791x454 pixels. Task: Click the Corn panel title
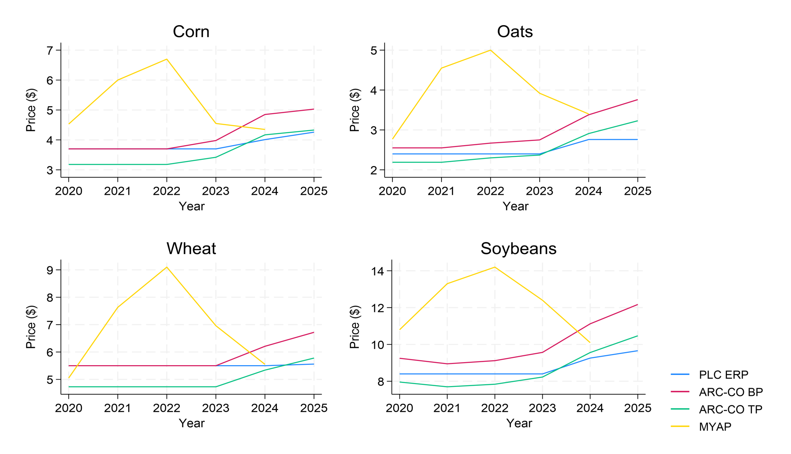pos(191,32)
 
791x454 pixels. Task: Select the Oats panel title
pos(514,32)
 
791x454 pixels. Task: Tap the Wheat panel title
pos(191,249)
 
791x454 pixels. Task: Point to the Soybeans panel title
pos(518,249)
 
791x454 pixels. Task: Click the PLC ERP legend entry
pos(723,374)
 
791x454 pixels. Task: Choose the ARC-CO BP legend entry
pos(730,392)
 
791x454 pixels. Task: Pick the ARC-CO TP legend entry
pos(730,409)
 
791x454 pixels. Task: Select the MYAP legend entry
pos(715,427)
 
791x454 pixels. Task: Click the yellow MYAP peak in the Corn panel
pos(166,59)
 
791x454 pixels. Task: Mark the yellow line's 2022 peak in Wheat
pos(166,267)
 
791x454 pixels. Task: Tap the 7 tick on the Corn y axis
pos(49,50)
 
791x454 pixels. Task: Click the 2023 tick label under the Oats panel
pos(539,191)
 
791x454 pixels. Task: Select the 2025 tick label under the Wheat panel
pos(314,408)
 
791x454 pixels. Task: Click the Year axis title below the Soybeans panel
pos(519,423)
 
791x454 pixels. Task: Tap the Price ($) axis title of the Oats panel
pos(355,110)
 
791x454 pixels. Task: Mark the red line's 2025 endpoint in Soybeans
pos(637,305)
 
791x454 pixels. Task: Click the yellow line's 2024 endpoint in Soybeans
pos(590,342)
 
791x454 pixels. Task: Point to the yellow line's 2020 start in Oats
pos(392,139)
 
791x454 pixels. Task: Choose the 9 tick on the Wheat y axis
pos(49,270)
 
